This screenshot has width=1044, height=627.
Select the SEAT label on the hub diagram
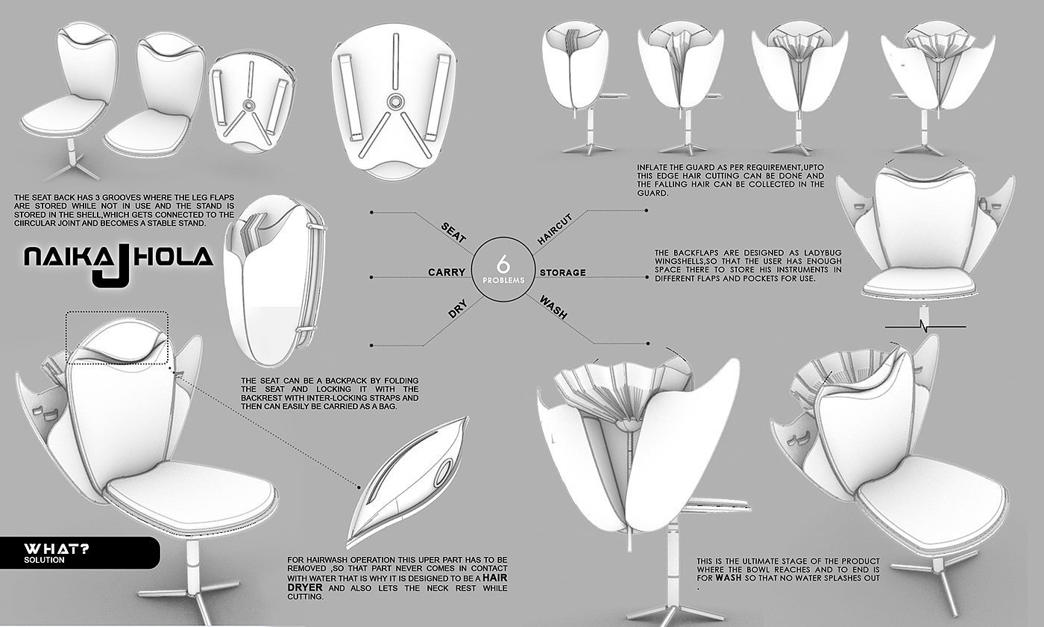point(453,232)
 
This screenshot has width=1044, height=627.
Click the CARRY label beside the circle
point(447,272)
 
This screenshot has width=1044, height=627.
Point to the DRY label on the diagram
point(457,311)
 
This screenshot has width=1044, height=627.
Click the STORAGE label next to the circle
point(562,273)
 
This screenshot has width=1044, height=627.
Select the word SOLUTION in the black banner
point(44,560)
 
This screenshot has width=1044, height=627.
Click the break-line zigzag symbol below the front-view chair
point(925,327)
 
